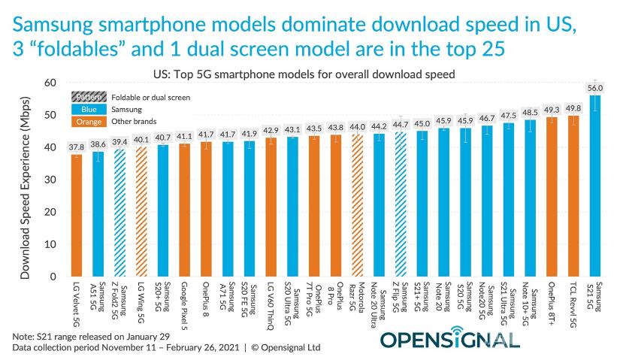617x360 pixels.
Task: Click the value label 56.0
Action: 594,88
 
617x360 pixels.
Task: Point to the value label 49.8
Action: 573,107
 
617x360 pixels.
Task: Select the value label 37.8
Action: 77,147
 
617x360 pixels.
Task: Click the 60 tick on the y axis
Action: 50,82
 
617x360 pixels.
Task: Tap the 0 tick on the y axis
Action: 53,277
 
